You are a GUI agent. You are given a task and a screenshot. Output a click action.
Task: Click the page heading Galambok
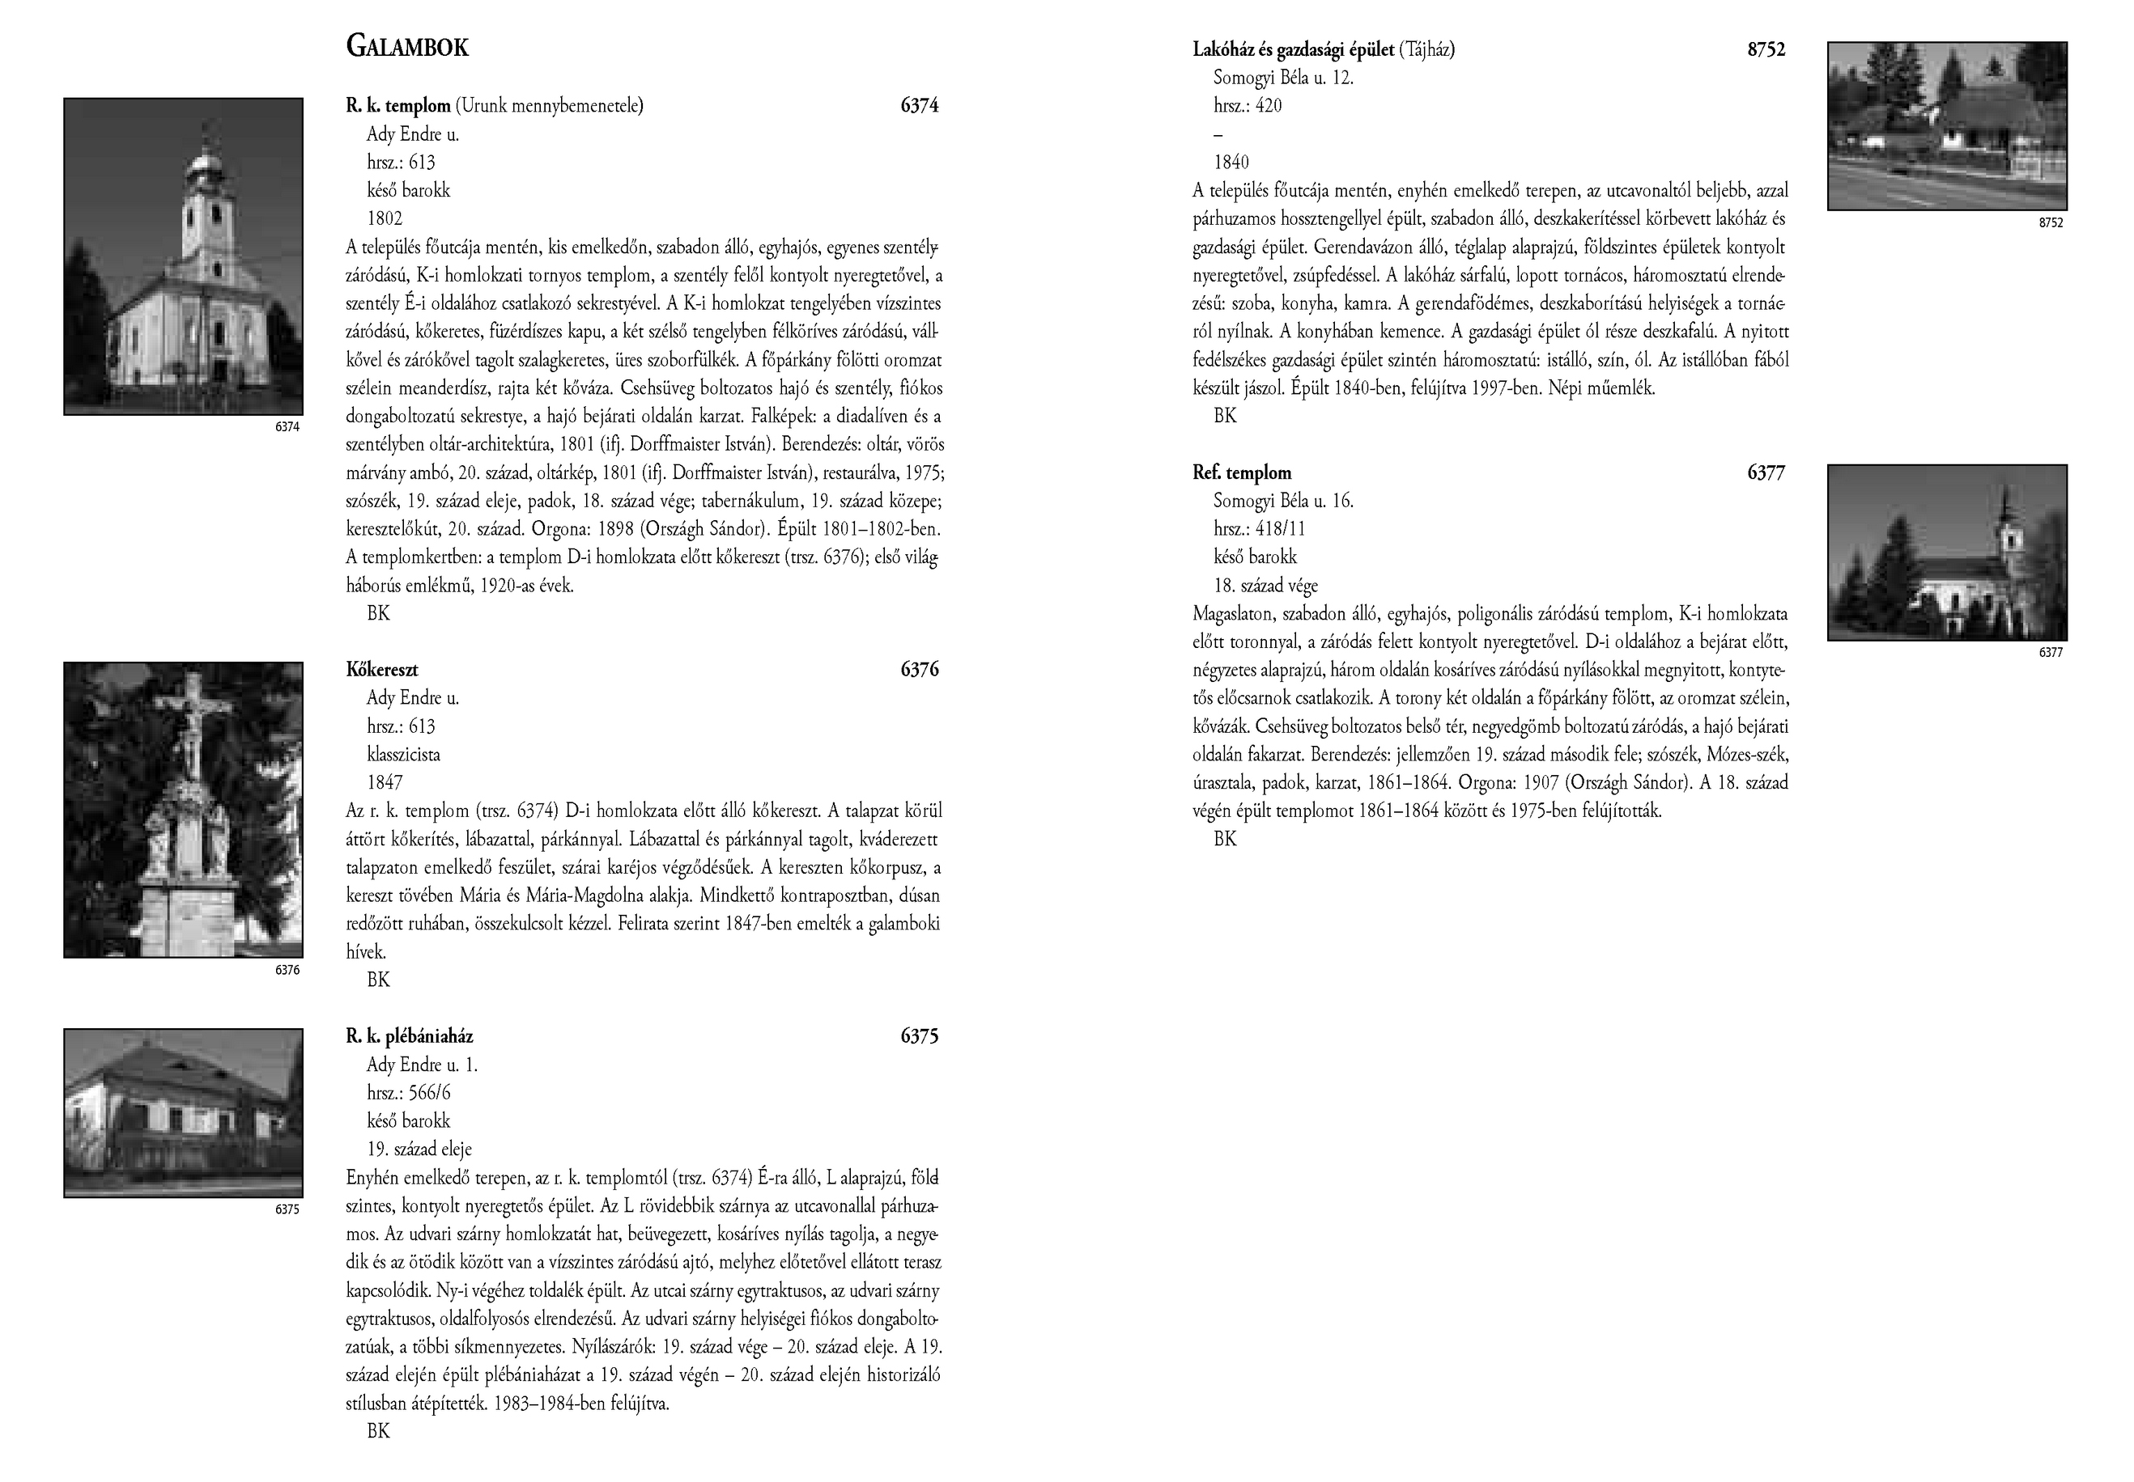tap(407, 46)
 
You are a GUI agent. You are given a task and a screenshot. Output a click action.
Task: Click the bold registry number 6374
tap(919, 106)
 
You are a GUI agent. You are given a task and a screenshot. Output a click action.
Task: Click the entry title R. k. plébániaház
tap(409, 1036)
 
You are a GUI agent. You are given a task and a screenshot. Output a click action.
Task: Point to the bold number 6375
tap(919, 1036)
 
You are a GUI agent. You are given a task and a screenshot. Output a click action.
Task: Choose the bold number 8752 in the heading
tap(1765, 50)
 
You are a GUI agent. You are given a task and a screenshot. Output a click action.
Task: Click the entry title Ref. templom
tap(1241, 472)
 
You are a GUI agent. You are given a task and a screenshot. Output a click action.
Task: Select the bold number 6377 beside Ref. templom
tap(1765, 472)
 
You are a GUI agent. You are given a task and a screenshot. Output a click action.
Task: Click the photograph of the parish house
tap(183, 1112)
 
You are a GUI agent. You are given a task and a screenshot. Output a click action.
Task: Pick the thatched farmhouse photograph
tap(1946, 125)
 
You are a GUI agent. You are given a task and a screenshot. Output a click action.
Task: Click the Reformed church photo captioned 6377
tap(1946, 553)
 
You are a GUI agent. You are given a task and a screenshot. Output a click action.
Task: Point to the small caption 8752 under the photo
tap(2051, 222)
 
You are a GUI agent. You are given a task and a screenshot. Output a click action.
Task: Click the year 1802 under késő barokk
tap(385, 218)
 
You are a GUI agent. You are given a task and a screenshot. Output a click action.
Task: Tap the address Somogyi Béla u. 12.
tap(1283, 78)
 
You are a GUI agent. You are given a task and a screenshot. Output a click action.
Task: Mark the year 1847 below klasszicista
tap(385, 782)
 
